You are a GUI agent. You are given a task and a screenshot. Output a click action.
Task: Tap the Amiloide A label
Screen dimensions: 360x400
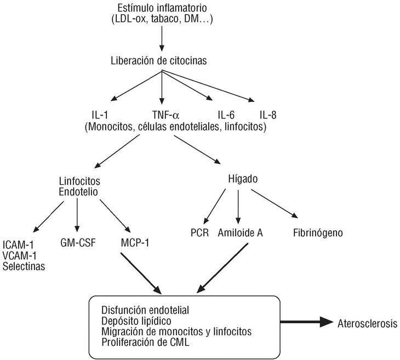[x=241, y=233]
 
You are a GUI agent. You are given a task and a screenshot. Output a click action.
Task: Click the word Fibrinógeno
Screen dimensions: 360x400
[x=318, y=233]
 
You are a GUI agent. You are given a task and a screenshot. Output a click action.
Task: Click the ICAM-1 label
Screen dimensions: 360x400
[x=18, y=245]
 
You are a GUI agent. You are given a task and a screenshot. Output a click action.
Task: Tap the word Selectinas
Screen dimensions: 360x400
[x=24, y=266]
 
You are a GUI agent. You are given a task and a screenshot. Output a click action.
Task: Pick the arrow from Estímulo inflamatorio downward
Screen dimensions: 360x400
[x=162, y=38]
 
